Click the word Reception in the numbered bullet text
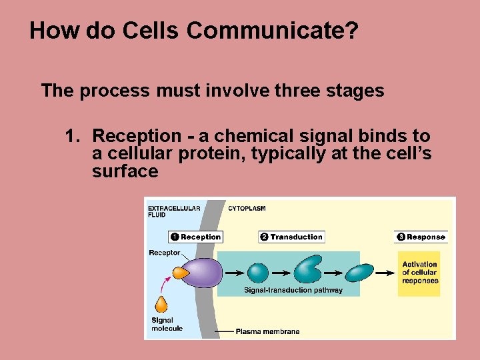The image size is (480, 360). [137, 136]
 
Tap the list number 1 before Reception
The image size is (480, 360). [73, 136]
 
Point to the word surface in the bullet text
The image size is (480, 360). [125, 171]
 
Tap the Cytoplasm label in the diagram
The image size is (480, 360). [247, 208]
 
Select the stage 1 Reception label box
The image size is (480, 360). [195, 237]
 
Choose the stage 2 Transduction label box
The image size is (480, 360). [291, 237]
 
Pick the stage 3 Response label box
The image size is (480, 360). [421, 237]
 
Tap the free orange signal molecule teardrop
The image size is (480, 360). [161, 304]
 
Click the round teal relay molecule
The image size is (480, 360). [258, 273]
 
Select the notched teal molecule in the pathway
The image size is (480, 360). [308, 271]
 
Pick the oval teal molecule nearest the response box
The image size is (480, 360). [360, 273]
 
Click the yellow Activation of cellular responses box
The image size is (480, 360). [419, 273]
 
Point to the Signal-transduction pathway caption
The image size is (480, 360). [293, 290]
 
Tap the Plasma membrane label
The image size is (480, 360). [267, 331]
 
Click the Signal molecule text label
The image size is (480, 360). [167, 324]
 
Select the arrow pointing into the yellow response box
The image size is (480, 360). [385, 273]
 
